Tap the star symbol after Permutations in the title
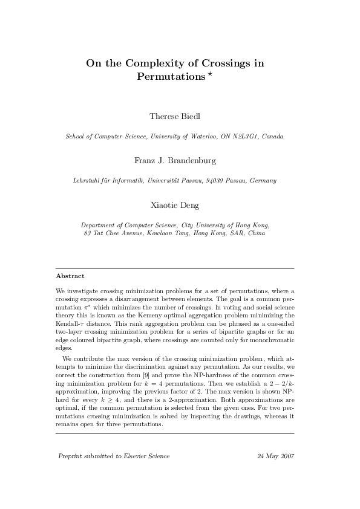(211, 74)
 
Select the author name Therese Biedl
(175, 115)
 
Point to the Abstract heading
(70, 276)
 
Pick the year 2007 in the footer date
(286, 456)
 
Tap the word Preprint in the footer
(70, 456)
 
